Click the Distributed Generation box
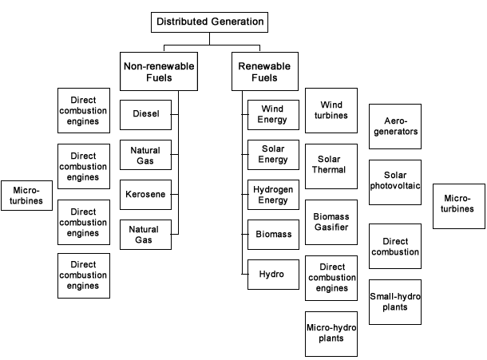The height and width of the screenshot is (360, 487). pos(210,22)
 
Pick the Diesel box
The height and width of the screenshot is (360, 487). pos(145,113)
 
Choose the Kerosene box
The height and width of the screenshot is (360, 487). pos(145,194)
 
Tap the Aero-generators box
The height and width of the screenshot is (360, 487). pos(394,126)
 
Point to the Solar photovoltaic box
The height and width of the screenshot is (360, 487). pos(394,181)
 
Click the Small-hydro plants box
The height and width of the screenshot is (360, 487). pos(394,301)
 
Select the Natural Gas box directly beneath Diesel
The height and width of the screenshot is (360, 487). pos(145,156)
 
